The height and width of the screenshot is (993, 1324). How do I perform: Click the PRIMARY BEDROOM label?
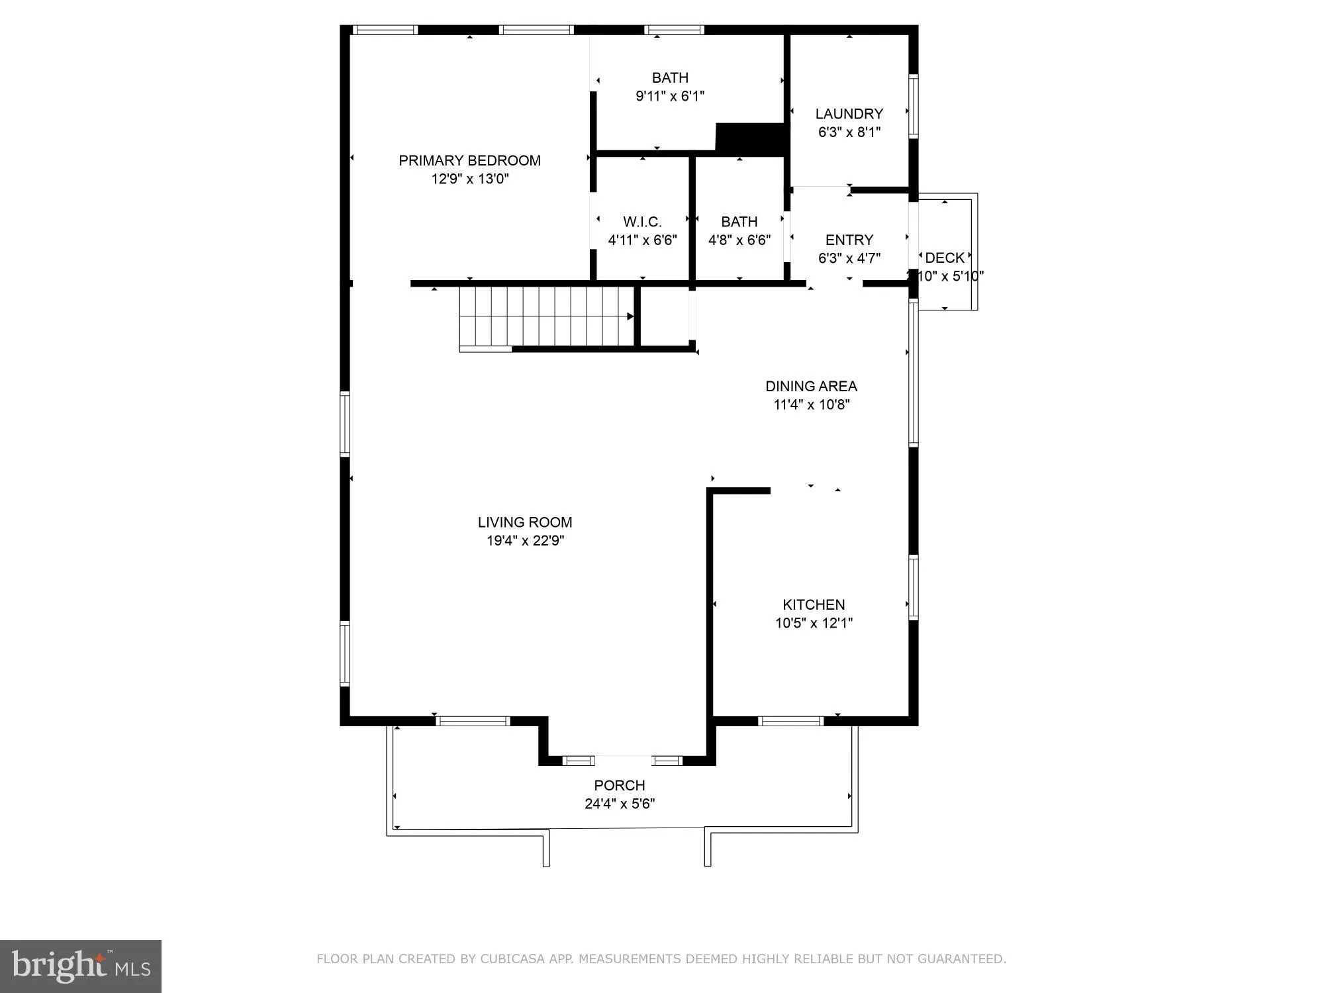click(469, 160)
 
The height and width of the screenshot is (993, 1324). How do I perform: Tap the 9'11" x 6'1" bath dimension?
click(670, 96)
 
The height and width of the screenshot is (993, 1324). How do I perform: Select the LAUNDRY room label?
click(849, 114)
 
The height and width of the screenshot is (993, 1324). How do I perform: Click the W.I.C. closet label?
click(642, 222)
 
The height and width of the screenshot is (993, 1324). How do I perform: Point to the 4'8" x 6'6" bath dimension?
click(739, 240)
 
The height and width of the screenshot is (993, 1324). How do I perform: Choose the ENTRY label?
click(849, 240)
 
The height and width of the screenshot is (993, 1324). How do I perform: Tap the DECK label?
click(945, 258)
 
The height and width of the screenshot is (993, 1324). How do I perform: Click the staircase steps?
click(546, 316)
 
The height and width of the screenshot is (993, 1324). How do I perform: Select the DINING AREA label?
click(811, 386)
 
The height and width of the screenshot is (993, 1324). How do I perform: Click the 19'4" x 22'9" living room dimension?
click(525, 540)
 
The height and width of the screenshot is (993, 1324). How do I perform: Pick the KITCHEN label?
click(814, 604)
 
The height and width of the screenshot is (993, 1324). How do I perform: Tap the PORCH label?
click(619, 785)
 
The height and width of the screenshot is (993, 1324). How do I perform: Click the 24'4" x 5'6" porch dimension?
click(619, 804)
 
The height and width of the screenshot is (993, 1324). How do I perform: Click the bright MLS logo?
click(81, 967)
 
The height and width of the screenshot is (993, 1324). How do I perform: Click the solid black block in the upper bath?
click(751, 138)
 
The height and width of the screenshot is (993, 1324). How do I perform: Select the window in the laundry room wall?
click(913, 106)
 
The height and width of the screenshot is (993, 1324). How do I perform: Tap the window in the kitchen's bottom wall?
click(790, 721)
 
